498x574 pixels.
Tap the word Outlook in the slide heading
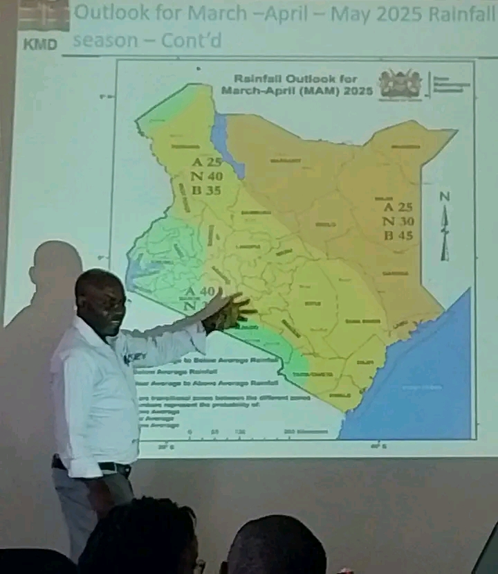[x=109, y=12]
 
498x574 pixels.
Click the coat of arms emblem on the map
[x=400, y=84]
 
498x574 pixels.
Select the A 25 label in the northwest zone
[x=207, y=163]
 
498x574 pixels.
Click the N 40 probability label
[x=207, y=177]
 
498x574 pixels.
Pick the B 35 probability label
[x=207, y=192]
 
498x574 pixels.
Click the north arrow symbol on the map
[x=445, y=228]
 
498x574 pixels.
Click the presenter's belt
[x=104, y=466]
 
